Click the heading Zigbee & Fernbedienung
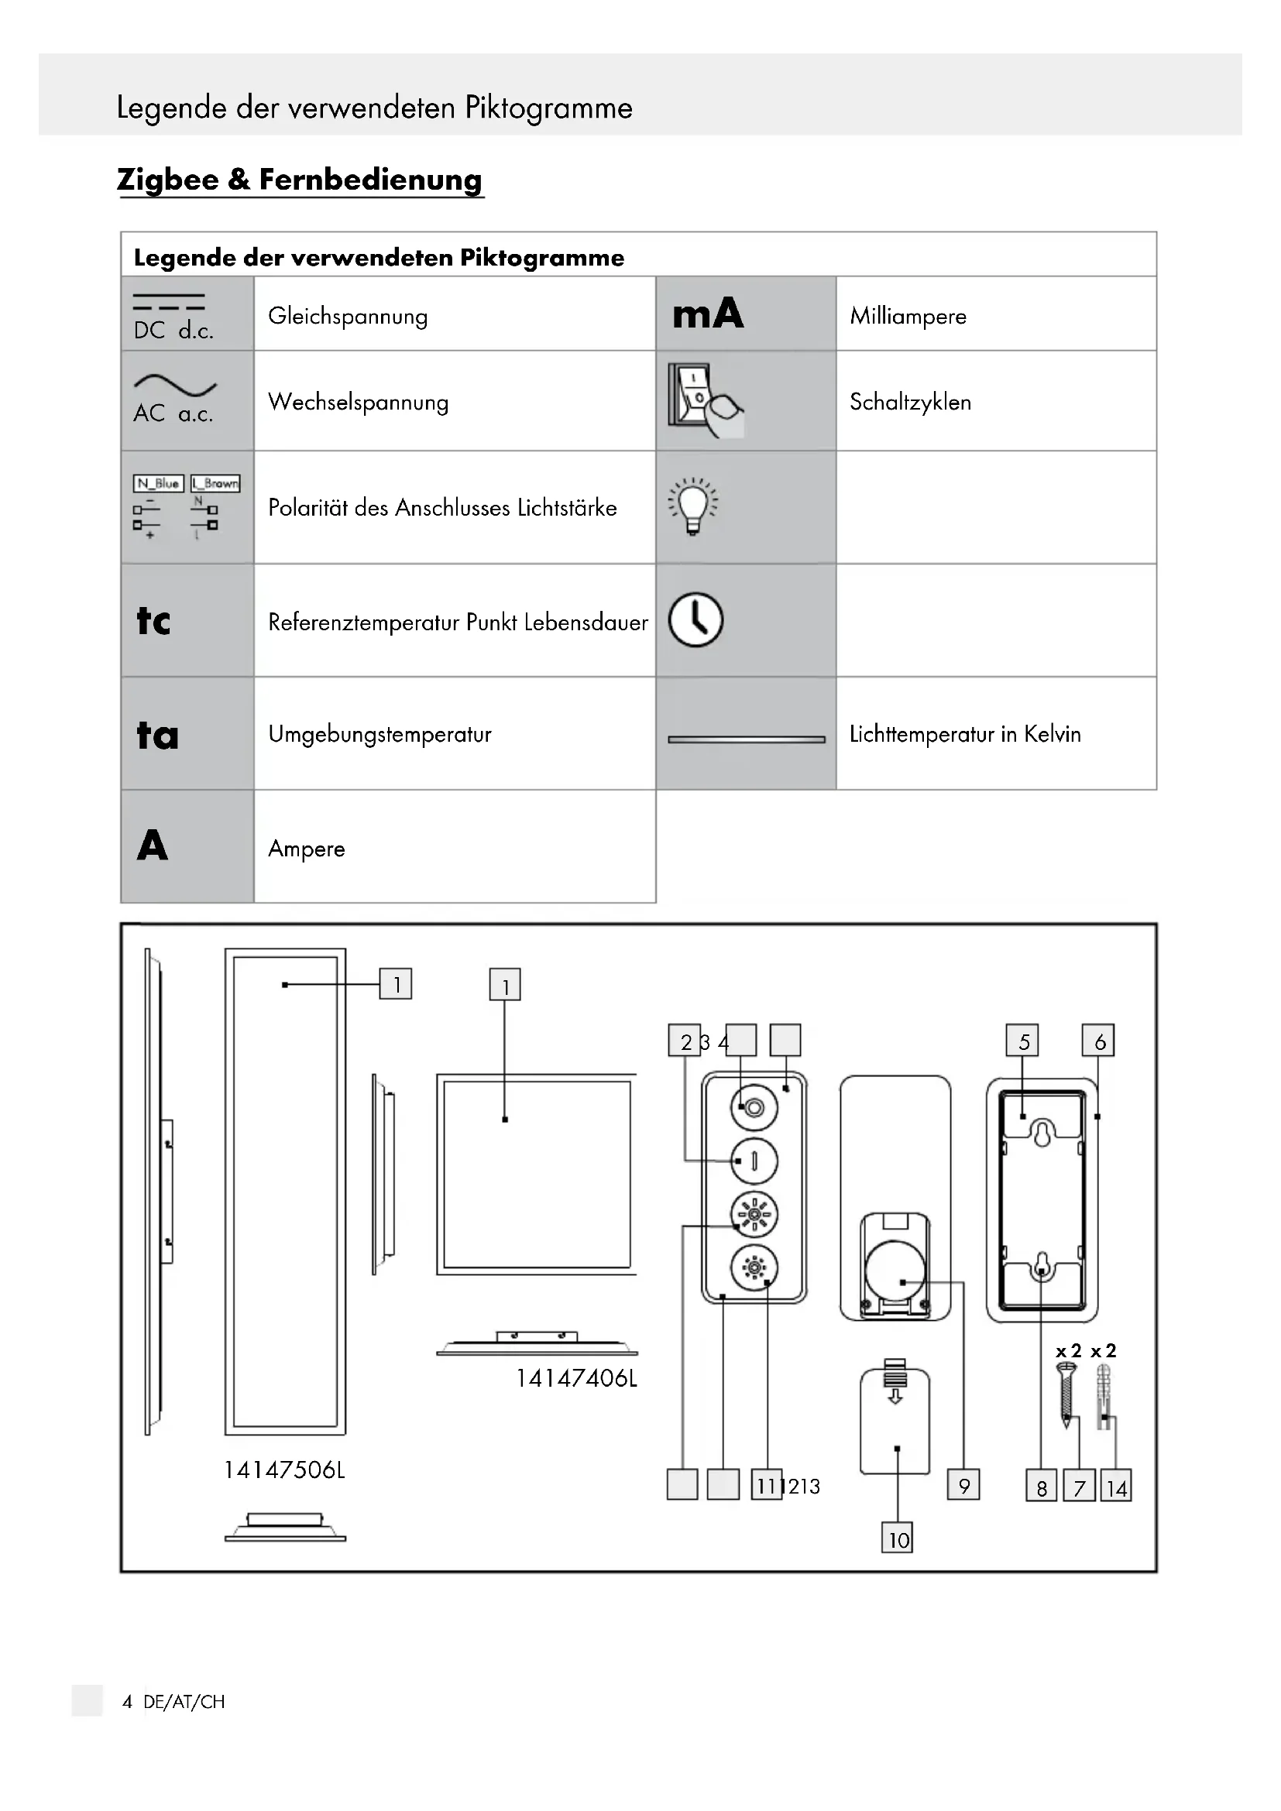click(299, 180)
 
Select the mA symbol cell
click(708, 314)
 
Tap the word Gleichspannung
click(348, 317)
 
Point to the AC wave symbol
click(174, 385)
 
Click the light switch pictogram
click(704, 400)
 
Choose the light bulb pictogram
click(692, 506)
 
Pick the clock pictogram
click(695, 620)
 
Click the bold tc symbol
click(153, 621)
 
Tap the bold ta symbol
click(157, 735)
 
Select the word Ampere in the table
click(307, 849)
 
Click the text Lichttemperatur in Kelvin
click(965, 734)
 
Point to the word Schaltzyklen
click(910, 403)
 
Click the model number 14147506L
click(285, 1470)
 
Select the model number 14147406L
click(577, 1378)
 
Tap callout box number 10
click(898, 1539)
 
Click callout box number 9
click(964, 1486)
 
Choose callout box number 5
click(1023, 1041)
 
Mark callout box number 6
click(1099, 1041)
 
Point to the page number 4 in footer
click(127, 1701)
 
